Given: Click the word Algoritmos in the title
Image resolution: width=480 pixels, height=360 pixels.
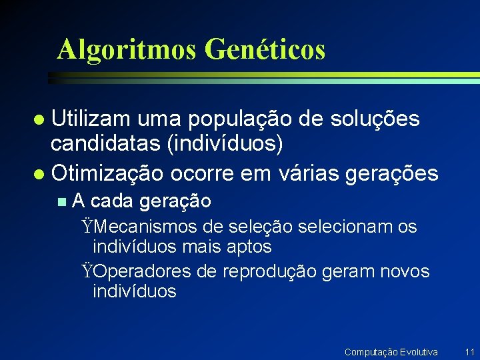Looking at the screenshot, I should (x=127, y=49).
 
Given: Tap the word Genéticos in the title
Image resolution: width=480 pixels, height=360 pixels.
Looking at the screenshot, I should (x=265, y=49).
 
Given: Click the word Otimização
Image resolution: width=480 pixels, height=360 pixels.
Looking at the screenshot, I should (x=107, y=173).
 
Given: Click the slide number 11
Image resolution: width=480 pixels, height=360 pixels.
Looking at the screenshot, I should (x=469, y=351).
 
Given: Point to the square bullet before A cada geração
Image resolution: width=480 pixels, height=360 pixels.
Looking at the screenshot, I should (x=62, y=201).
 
